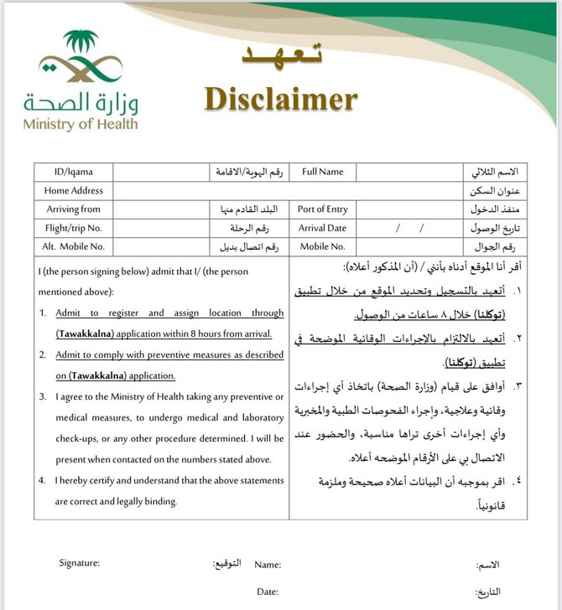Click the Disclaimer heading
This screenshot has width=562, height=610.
pyautogui.click(x=280, y=100)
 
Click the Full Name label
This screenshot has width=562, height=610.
pyautogui.click(x=323, y=172)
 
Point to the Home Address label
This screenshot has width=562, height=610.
pyautogui.click(x=74, y=190)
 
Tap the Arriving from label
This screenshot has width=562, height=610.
pyautogui.click(x=73, y=209)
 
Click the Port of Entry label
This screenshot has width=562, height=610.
pyautogui.click(x=322, y=209)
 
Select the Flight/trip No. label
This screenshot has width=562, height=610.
pyautogui.click(x=73, y=228)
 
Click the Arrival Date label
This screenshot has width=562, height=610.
pyautogui.click(x=322, y=228)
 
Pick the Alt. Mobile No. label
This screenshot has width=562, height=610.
pyautogui.click(x=73, y=246)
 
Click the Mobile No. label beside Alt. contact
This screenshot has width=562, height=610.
pyautogui.click(x=322, y=246)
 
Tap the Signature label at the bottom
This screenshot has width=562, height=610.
pyautogui.click(x=80, y=562)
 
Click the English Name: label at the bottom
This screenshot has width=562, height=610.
pyautogui.click(x=268, y=566)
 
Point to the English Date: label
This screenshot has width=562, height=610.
pyautogui.click(x=268, y=592)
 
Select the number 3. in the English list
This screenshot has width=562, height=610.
pyautogui.click(x=43, y=396)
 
